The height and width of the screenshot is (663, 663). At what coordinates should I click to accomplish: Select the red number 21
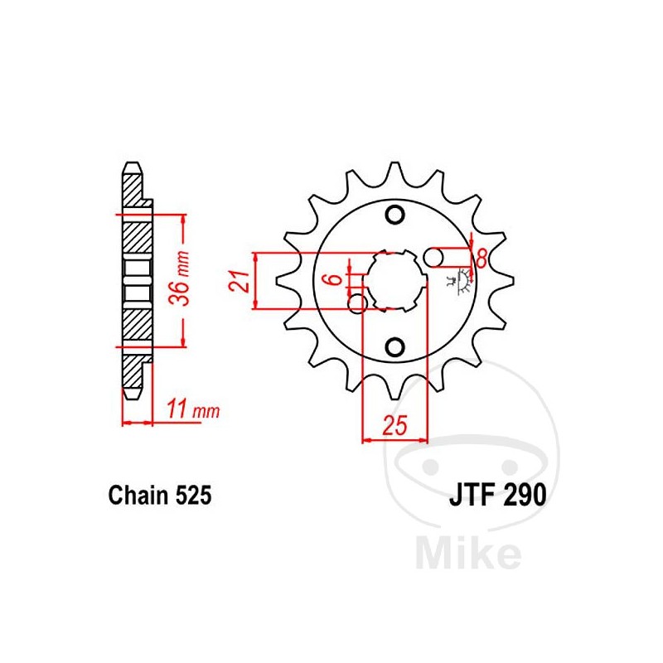pos(238,281)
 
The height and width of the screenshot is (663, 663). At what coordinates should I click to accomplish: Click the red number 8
pos(480,258)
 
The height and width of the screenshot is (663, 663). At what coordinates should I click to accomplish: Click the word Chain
pos(138,496)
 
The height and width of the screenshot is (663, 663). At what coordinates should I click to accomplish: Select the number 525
pos(193,496)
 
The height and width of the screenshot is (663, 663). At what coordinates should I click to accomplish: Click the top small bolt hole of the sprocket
pos(395,215)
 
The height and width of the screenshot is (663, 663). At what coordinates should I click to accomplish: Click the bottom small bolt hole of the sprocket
pos(395,346)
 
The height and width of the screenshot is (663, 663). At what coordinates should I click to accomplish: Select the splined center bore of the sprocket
pos(395,280)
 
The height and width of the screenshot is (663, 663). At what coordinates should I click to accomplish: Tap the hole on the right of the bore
pos(434,259)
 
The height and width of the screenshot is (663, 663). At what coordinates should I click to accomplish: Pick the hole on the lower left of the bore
pos(358,304)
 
